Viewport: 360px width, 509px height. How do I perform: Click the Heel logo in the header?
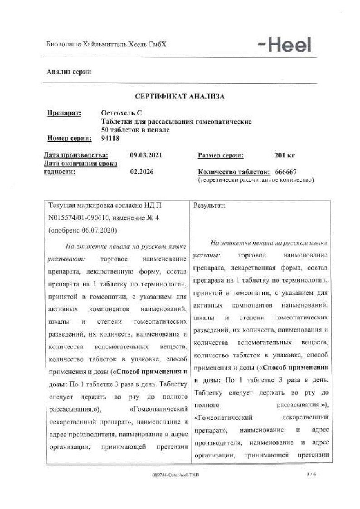click(284, 44)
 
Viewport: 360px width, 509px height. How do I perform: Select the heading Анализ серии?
click(69, 72)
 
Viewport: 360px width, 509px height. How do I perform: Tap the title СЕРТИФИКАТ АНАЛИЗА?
click(180, 96)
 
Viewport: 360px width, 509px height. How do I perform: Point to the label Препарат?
click(64, 113)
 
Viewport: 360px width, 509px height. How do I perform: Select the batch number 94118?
click(111, 138)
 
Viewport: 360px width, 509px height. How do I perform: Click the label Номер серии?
click(69, 138)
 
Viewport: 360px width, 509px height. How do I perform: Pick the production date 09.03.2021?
click(146, 155)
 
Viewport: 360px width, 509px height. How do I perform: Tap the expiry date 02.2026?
click(141, 172)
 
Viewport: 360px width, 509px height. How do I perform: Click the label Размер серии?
click(220, 155)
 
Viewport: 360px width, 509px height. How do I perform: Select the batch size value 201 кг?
click(284, 155)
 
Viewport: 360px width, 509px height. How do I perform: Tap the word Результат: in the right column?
click(209, 206)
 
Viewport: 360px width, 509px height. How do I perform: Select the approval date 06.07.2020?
click(99, 230)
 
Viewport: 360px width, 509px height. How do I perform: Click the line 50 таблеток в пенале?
click(136, 130)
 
